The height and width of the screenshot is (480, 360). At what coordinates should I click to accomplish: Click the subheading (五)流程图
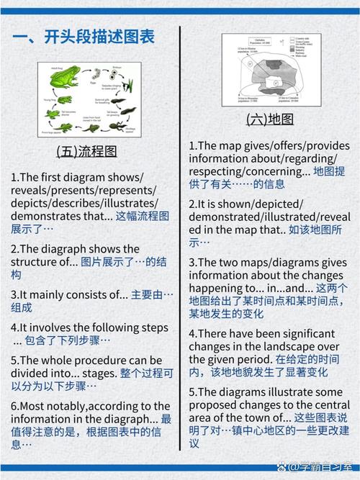86,152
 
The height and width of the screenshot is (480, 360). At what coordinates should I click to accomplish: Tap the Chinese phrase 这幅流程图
143,216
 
